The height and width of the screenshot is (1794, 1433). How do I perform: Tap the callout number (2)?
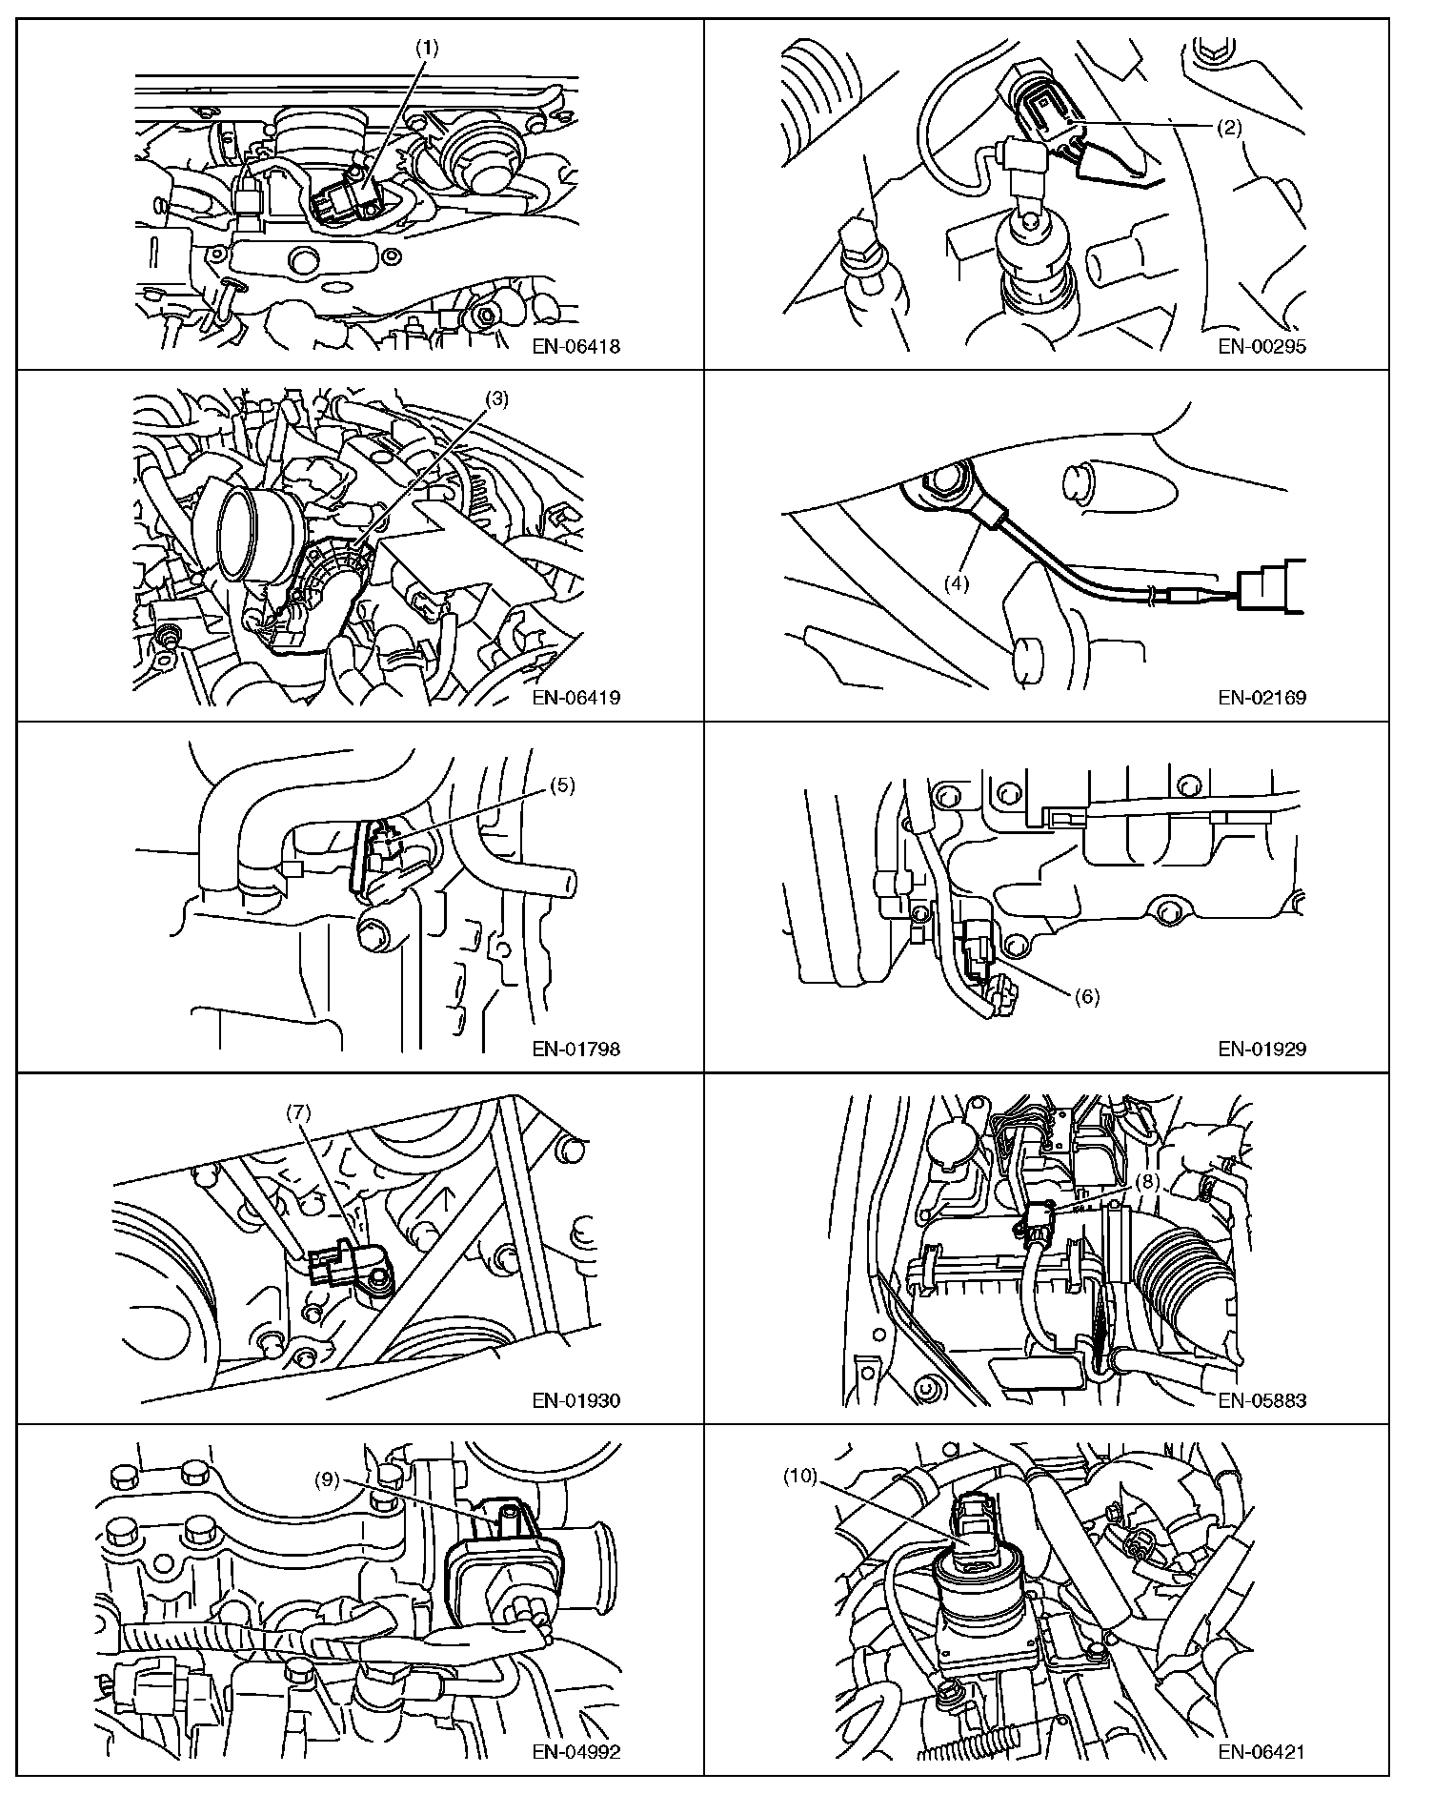(x=1229, y=127)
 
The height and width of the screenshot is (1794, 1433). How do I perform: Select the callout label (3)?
(x=496, y=399)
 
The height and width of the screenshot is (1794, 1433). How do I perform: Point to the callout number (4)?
(x=956, y=583)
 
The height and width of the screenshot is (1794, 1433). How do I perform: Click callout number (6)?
(x=1087, y=996)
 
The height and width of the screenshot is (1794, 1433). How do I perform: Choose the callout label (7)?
(x=299, y=1111)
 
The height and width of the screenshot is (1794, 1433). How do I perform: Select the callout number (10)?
(x=800, y=1476)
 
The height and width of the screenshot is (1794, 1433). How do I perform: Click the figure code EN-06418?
(x=575, y=346)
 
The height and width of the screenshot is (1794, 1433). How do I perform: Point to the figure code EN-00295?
(x=1261, y=346)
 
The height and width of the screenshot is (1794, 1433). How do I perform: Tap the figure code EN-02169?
(x=1261, y=697)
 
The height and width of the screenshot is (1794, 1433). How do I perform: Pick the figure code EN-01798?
(x=575, y=1049)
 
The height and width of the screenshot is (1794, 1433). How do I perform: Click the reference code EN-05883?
(x=1261, y=1400)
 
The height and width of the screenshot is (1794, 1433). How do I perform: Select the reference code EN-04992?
(x=575, y=1751)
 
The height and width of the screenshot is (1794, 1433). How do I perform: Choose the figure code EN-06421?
(x=1261, y=1751)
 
